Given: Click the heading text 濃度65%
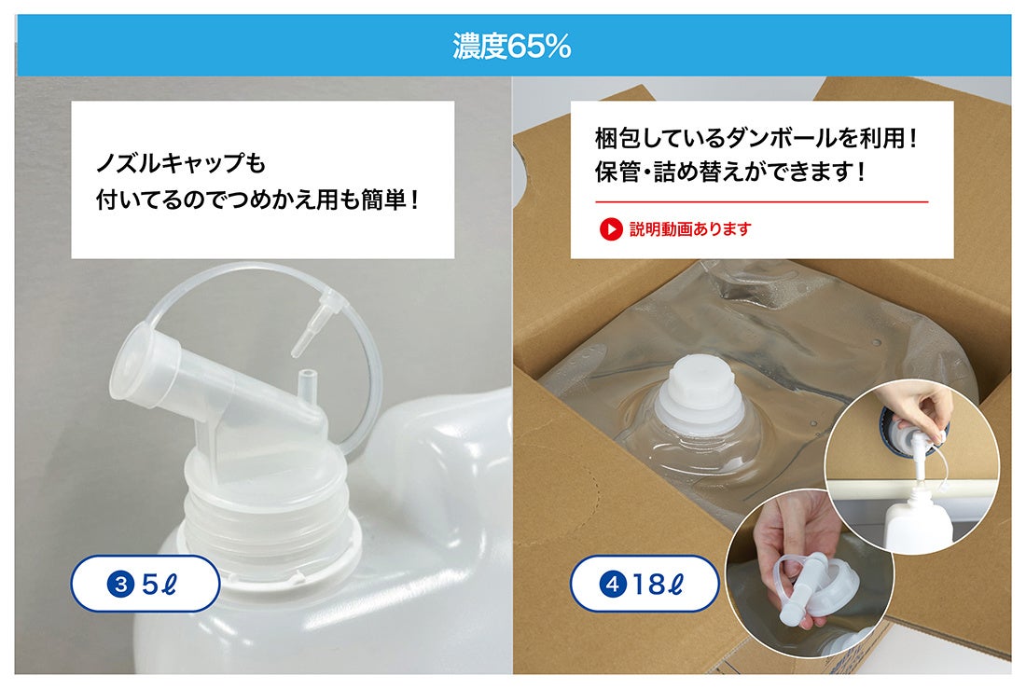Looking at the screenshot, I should click(511, 46).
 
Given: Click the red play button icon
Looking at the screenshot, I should click(610, 228).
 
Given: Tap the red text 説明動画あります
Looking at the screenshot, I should click(690, 228).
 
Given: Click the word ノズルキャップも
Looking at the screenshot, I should click(181, 165).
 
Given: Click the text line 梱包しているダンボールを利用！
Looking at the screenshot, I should click(756, 139).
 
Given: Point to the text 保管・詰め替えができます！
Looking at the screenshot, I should click(730, 172).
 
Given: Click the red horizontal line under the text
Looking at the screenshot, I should click(761, 201).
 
